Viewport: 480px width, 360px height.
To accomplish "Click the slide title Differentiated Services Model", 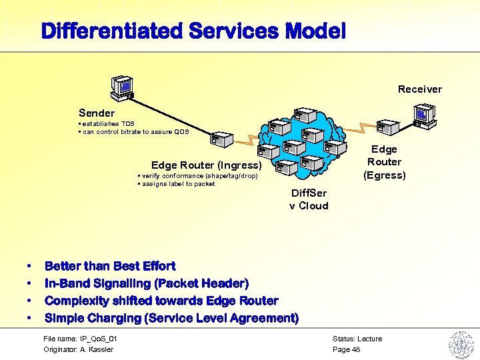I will coord(193,31).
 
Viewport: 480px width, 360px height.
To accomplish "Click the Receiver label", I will coord(419,89).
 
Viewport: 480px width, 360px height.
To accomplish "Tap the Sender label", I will coord(97,113).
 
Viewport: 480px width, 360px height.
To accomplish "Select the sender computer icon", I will coord(123,87).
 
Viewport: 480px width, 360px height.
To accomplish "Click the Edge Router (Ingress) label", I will coord(206,165).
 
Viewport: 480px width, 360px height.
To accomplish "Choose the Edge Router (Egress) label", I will coord(384,162).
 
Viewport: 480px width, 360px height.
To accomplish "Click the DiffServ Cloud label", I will coord(309,199).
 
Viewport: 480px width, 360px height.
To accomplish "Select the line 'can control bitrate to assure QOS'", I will coord(135,132).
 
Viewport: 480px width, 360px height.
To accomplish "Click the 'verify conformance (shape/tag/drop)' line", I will coord(197,176).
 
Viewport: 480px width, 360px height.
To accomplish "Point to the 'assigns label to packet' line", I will coord(177,184).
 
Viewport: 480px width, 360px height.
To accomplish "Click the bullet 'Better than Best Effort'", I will coord(110,266).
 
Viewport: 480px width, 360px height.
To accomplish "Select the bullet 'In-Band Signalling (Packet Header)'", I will coord(147,283).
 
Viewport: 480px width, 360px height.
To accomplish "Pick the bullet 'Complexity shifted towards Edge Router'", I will coord(161,301).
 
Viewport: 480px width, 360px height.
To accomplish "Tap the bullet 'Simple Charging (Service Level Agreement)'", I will coord(171,318).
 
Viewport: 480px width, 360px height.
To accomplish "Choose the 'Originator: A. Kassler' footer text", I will coord(78,349).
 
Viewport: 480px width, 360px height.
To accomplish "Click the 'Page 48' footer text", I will coord(346,349).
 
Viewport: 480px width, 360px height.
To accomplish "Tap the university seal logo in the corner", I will coord(460,345).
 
